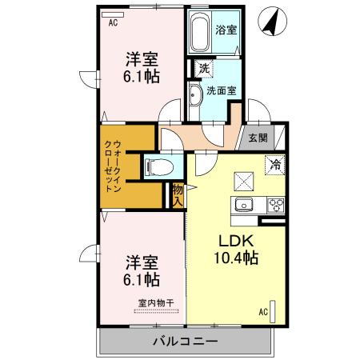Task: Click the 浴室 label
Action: tap(226, 31)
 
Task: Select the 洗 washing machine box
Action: tap(204, 70)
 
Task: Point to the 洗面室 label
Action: tap(222, 90)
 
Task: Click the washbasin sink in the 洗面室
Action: tap(196, 94)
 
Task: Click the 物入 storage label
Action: tap(178, 194)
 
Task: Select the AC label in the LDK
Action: tap(262, 311)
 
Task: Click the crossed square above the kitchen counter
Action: tap(242, 180)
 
